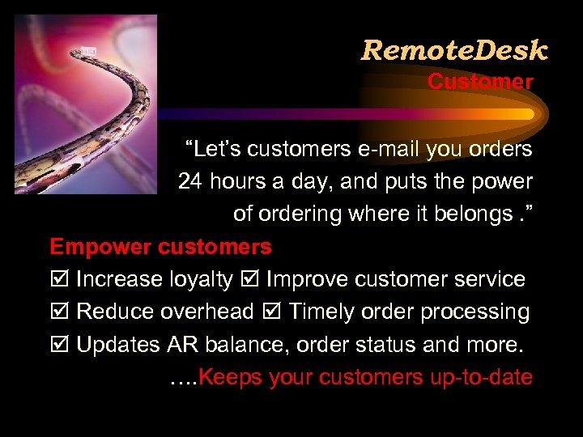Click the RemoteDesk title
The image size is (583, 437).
click(454, 51)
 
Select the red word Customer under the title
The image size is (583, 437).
click(480, 82)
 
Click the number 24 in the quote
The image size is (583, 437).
click(190, 181)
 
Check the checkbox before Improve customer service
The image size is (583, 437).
click(249, 280)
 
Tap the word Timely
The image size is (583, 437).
click(322, 312)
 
